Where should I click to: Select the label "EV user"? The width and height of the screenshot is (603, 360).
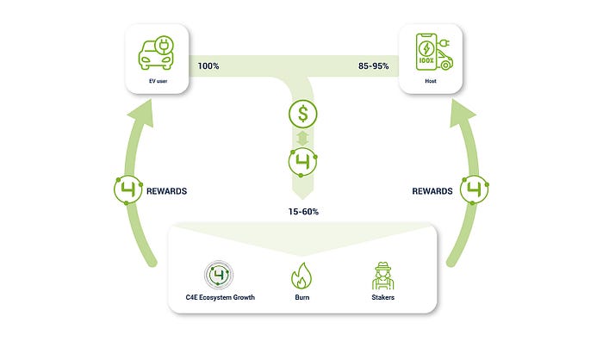point(156,81)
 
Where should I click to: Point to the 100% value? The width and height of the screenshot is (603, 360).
point(209,65)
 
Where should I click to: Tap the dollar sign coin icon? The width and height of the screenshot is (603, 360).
point(301,112)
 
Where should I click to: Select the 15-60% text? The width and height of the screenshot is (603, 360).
point(301,209)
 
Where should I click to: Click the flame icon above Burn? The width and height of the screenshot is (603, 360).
point(301,276)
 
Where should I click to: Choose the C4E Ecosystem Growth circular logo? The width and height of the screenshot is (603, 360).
point(220,276)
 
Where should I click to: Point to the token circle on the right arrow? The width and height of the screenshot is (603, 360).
point(475,190)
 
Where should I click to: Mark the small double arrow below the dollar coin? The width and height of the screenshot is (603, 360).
point(301,138)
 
